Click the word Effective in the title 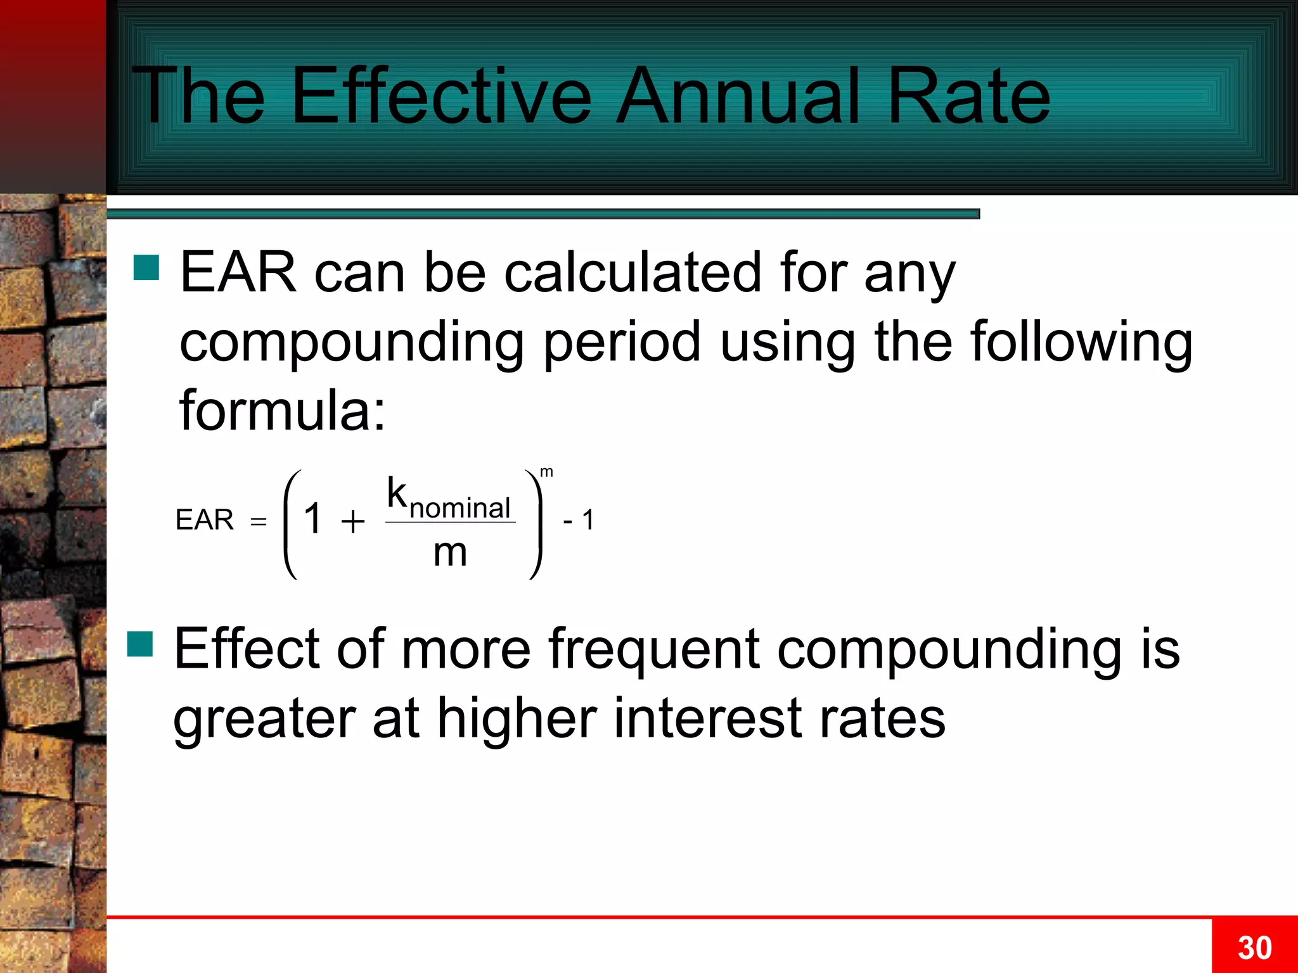pos(441,96)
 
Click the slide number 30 pos(1254,948)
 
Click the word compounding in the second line pos(352,343)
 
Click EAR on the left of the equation pos(204,520)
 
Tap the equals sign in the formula pos(259,522)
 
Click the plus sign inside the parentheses pos(353,522)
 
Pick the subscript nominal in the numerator pos(460,508)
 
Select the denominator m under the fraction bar pos(450,552)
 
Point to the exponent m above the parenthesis pos(546,472)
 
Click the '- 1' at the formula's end pos(578,520)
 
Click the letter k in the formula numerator pos(397,493)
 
